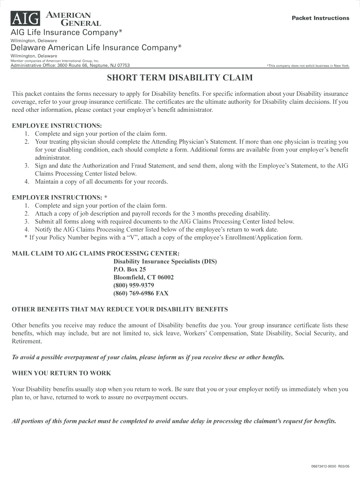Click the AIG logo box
point(26,18)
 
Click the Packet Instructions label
point(320,18)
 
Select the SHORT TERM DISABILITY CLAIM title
point(180,77)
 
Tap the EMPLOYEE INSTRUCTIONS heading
point(57,126)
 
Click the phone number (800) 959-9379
point(134,285)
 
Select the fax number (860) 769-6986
point(141,293)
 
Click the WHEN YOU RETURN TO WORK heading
point(61,373)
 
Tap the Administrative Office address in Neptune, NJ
point(70,65)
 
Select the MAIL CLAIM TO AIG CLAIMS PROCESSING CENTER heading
point(95,254)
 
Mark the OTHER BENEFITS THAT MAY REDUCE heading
point(120,310)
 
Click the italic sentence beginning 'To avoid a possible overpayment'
point(148,357)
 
